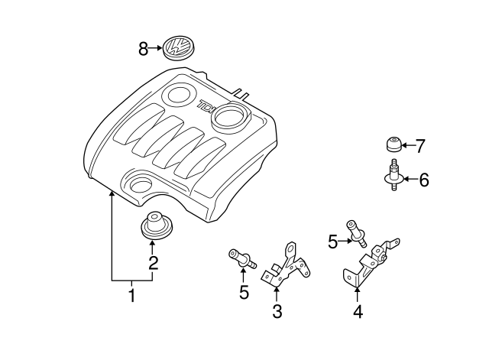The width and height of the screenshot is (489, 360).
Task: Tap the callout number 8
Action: [143, 49]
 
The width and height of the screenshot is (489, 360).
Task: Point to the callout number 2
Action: [153, 264]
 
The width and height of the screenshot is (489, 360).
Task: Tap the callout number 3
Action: [277, 311]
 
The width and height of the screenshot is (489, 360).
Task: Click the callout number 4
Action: [358, 311]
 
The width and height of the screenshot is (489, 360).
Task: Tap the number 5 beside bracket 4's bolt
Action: [332, 242]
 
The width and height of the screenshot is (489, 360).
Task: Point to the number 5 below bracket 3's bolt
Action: [244, 292]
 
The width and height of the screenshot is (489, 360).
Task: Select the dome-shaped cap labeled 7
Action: [393, 144]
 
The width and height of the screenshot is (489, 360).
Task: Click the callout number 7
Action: [419, 144]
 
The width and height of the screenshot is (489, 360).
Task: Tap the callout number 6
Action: [423, 180]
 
